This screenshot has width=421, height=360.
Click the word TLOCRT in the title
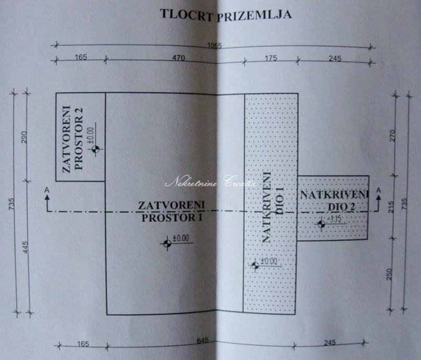[187, 14]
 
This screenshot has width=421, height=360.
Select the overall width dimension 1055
[215, 45]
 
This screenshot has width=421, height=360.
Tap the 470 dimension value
[179, 58]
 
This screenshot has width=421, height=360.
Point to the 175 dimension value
[271, 58]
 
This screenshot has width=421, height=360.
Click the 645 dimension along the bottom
[203, 340]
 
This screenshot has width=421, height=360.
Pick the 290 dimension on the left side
[25, 137]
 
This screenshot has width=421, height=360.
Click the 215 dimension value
[392, 207]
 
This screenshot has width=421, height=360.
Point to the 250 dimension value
[390, 274]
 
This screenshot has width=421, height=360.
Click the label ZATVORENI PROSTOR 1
[172, 211]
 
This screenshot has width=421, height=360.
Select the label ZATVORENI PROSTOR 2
[73, 139]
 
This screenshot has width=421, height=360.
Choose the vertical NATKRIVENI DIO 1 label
[272, 207]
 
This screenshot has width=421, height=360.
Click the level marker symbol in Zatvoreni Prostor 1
[167, 244]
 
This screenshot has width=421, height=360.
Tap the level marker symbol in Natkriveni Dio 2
[321, 224]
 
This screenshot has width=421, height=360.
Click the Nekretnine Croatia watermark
[211, 182]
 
